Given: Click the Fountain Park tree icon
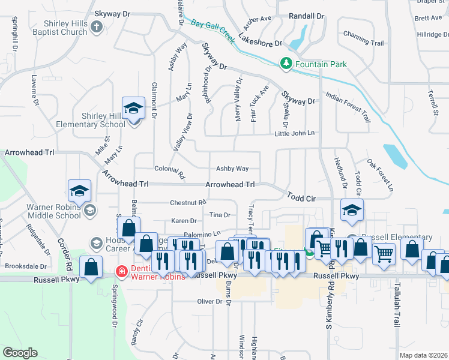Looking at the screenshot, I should point(287,63).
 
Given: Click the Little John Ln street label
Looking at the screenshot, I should point(295,134).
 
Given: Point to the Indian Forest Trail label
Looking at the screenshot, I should point(348,107).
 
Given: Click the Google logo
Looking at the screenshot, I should point(20,353).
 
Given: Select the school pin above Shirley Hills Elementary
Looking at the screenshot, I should point(133,108).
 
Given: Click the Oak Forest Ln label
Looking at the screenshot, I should point(380,175).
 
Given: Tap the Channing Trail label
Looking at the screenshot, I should point(364,43).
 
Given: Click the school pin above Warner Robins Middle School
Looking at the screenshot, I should point(79,191).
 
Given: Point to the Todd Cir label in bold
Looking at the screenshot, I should point(301,197).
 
